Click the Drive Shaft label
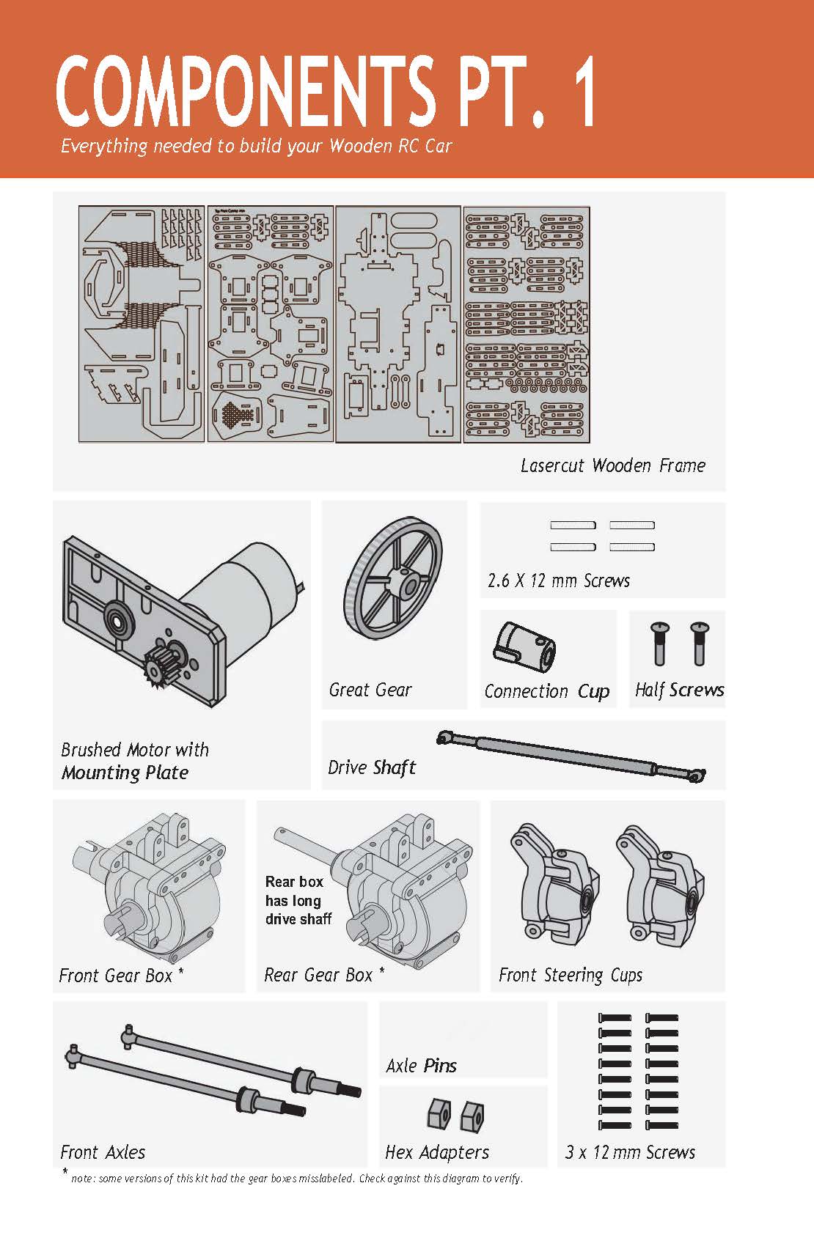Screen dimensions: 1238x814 click(372, 767)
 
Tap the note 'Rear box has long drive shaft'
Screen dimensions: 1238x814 click(298, 900)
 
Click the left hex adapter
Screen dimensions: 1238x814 click(438, 1114)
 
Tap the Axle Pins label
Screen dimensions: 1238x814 click(421, 1066)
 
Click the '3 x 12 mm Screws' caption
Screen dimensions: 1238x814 click(630, 1152)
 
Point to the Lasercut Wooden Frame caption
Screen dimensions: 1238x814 click(612, 465)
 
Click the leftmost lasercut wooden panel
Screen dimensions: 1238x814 click(142, 324)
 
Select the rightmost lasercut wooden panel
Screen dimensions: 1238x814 click(527, 324)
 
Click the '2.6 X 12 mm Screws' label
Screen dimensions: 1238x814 click(559, 581)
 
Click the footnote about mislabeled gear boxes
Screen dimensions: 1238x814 click(297, 1179)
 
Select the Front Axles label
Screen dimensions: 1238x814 click(103, 1152)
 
